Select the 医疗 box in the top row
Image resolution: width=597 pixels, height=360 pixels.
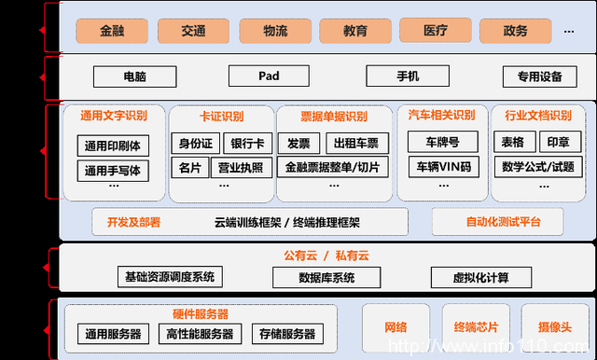pyautogui.click(x=435, y=31)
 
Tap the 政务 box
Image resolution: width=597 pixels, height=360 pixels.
pyautogui.click(x=516, y=31)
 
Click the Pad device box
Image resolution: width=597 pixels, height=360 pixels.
pyautogui.click(x=269, y=76)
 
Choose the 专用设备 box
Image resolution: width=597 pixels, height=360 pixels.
pyautogui.click(x=533, y=76)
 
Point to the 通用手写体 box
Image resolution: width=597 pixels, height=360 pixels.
pyautogui.click(x=111, y=171)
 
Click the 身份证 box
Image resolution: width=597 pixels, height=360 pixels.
pyautogui.click(x=196, y=144)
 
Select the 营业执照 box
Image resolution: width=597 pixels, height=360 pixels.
pyautogui.click(x=240, y=168)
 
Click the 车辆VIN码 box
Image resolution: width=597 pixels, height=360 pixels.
pyautogui.click(x=443, y=168)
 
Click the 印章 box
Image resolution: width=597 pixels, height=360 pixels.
pyautogui.click(x=558, y=143)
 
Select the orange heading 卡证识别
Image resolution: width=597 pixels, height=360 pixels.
pyautogui.click(x=221, y=117)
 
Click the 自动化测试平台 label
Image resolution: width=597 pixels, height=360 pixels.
pyautogui.click(x=503, y=222)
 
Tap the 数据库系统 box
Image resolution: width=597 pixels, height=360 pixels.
pyautogui.click(x=327, y=277)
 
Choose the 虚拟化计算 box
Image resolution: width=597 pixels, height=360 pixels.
pyautogui.click(x=481, y=277)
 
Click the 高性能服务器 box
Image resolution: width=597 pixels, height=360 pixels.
pyautogui.click(x=201, y=333)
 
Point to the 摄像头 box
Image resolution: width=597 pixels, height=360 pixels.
pyautogui.click(x=554, y=326)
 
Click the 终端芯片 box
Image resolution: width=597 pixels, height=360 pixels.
pyautogui.click(x=476, y=326)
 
